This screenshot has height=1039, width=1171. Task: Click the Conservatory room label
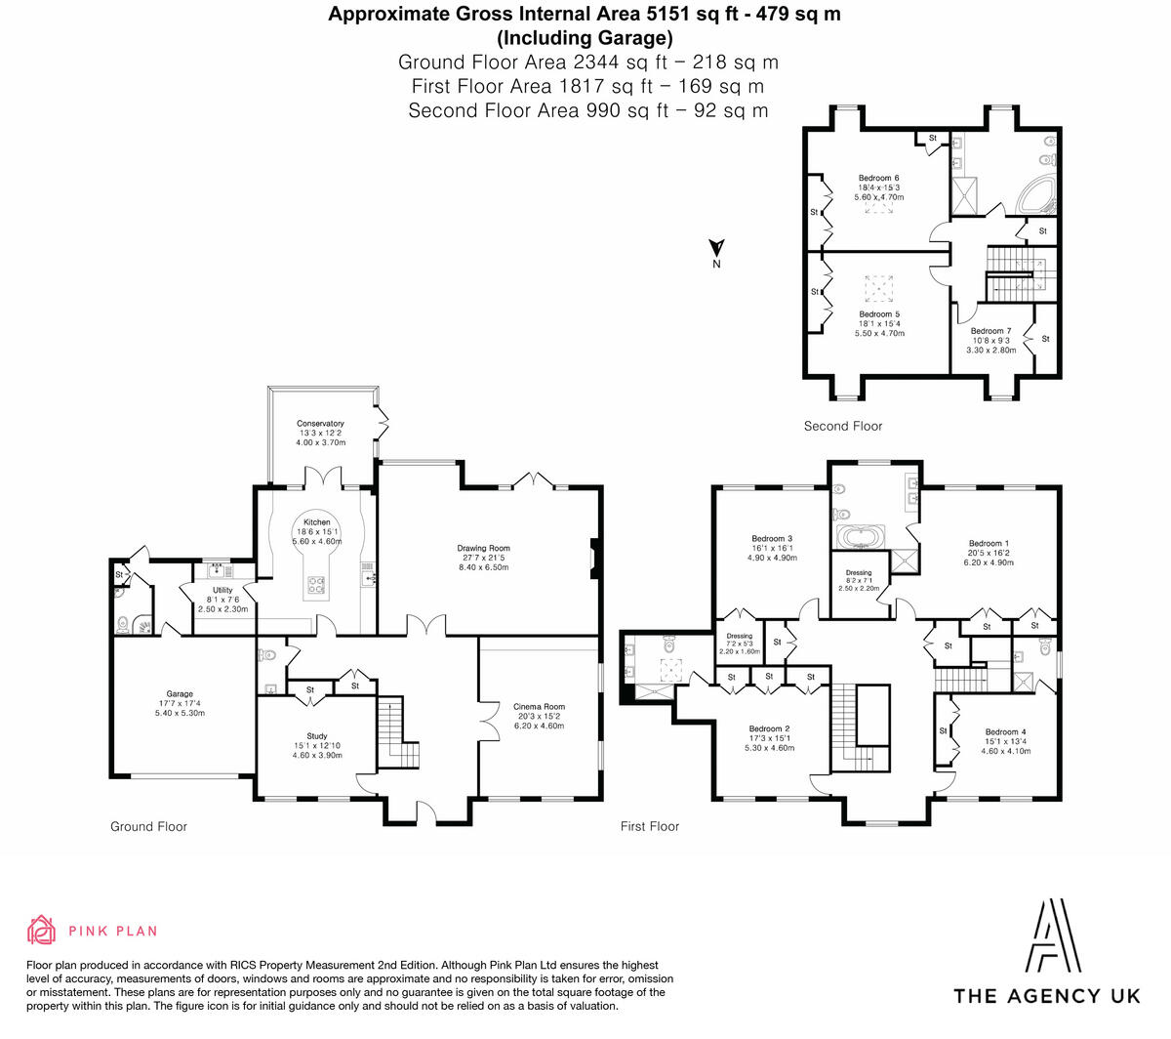point(320,424)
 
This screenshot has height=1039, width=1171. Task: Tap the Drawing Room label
point(483,549)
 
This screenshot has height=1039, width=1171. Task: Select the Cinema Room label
point(539,707)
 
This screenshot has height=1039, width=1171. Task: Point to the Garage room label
point(180,694)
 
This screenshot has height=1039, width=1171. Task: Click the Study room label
point(316,736)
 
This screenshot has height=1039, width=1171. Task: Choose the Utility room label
point(222,591)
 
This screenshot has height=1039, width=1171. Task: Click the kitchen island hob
point(317,586)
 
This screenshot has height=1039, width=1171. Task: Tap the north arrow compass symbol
point(716,251)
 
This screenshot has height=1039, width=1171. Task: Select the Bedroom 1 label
point(989,544)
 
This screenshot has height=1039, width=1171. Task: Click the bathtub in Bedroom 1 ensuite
point(861,537)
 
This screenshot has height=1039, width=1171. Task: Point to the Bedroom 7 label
point(990,332)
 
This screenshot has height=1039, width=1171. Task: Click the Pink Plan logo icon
point(41,931)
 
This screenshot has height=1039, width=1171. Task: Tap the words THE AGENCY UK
point(1046,996)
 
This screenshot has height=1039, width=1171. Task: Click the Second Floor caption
point(842,426)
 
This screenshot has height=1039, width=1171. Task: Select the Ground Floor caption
point(148,826)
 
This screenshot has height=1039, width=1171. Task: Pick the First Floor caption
point(649,826)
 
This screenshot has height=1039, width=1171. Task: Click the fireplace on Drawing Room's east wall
point(592,560)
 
